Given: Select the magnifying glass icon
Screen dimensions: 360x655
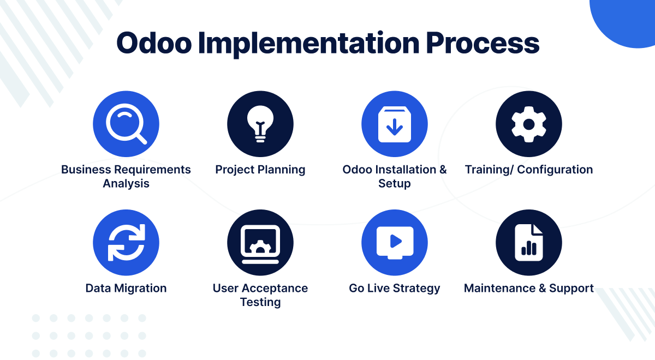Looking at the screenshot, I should [x=126, y=124].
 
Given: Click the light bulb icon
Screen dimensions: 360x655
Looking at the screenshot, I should [x=260, y=124].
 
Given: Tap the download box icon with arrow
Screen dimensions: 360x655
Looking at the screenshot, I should [x=395, y=124].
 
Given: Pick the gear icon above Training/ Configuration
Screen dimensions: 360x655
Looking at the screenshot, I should [x=528, y=124].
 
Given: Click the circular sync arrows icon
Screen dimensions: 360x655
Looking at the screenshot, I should [x=126, y=243].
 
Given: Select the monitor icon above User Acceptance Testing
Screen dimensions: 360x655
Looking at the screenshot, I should [x=260, y=243].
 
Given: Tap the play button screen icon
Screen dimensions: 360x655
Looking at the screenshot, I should [x=395, y=243].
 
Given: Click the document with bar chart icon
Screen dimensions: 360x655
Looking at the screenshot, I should [x=528, y=243].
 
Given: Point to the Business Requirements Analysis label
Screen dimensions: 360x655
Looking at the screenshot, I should [x=126, y=176].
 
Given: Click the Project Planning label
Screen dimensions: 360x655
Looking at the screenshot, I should [x=260, y=170].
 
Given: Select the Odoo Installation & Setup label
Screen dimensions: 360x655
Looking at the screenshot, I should [x=395, y=176].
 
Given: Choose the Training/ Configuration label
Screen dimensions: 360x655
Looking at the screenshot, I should [x=528, y=170].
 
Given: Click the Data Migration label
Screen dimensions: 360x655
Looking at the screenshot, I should [x=126, y=288].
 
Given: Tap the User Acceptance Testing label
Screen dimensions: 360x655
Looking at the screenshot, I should [x=260, y=295].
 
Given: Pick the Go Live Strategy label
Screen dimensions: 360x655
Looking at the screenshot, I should [x=395, y=288].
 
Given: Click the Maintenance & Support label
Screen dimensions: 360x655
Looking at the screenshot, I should [x=528, y=288].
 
